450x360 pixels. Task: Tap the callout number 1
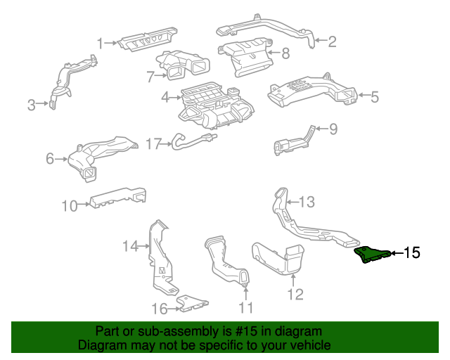(x=101, y=43)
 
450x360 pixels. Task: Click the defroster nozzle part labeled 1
(x=147, y=40)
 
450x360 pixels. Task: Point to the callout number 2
(x=331, y=41)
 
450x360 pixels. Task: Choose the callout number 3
(x=31, y=105)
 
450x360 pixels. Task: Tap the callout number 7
(x=150, y=75)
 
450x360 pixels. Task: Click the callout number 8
(x=285, y=52)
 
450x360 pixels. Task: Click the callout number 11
(x=245, y=307)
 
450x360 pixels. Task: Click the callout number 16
(x=160, y=308)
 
